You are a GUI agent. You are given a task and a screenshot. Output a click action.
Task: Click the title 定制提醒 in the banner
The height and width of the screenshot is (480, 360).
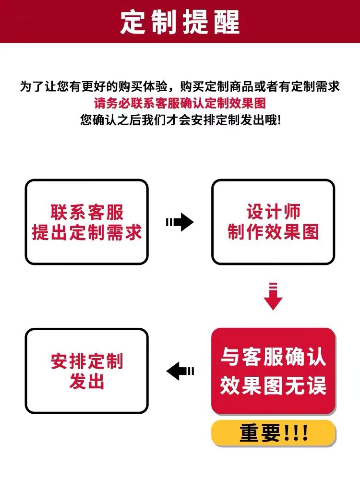pyautogui.click(x=180, y=22)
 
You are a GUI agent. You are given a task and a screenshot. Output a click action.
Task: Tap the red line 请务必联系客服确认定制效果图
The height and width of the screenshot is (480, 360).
pyautogui.click(x=180, y=103)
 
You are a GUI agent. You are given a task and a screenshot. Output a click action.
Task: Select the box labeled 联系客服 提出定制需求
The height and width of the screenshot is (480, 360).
pyautogui.click(x=87, y=222)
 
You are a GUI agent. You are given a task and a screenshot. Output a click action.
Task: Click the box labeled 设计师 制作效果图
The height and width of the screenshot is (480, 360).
pyautogui.click(x=273, y=222)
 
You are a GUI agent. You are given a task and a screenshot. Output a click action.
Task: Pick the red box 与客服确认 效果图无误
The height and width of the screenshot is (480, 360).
pyautogui.click(x=273, y=371)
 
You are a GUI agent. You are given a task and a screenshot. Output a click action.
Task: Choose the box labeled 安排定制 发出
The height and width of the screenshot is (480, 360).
pyautogui.click(x=87, y=371)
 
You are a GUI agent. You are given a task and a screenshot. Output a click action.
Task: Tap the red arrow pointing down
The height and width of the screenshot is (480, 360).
pyautogui.click(x=273, y=296)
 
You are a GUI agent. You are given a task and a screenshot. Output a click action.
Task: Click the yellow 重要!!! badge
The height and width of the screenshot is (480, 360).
pyautogui.click(x=273, y=433)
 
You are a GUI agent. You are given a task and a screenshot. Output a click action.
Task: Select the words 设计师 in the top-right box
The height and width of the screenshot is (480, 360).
pyautogui.click(x=273, y=212)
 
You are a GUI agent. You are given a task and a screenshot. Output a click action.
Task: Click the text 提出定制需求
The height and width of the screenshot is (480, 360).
pyautogui.click(x=87, y=233)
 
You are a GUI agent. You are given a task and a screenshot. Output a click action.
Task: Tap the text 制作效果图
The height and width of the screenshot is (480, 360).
pyautogui.click(x=273, y=233)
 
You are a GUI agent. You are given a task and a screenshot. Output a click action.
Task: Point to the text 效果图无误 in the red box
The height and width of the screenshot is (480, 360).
pyautogui.click(x=273, y=385)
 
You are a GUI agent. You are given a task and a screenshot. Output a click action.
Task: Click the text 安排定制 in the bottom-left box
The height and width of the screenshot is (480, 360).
pyautogui.click(x=87, y=361)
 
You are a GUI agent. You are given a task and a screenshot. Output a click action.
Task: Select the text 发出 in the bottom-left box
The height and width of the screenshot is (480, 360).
pyautogui.click(x=87, y=383)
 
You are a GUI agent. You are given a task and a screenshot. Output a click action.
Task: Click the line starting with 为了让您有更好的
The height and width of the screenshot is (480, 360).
pyautogui.click(x=180, y=86)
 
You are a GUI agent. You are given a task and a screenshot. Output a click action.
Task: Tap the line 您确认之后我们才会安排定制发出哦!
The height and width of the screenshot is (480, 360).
pyautogui.click(x=180, y=120)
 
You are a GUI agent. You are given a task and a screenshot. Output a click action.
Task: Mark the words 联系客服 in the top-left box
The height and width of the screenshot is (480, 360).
pyautogui.click(x=87, y=212)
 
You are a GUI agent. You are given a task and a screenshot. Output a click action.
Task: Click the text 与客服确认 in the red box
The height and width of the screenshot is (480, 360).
pyautogui.click(x=273, y=358)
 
